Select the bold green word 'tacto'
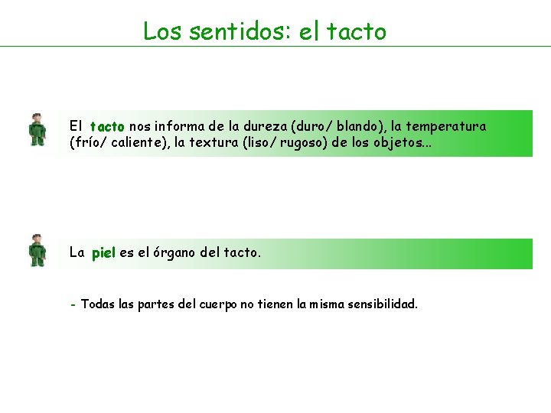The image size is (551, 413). point(106,126)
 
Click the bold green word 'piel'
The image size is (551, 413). point(103,252)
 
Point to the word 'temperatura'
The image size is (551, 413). point(446,126)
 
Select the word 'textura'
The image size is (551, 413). point(213,142)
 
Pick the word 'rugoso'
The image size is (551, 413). point(304,142)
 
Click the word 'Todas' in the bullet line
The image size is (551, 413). point(97,304)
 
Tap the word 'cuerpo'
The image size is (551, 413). point(218,304)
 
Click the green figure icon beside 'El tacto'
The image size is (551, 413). point(37,129)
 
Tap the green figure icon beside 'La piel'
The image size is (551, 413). point(37,250)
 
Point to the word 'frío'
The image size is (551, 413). point(83,142)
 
